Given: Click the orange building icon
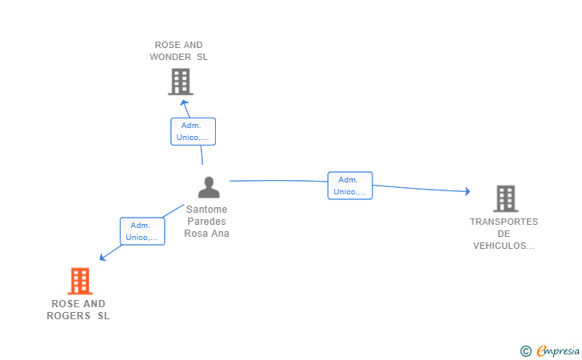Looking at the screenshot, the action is click(x=80, y=281).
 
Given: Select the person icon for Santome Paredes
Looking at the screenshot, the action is click(x=209, y=187).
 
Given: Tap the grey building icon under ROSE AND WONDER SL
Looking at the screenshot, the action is click(x=181, y=82).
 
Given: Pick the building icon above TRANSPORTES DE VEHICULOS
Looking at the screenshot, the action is click(x=506, y=198).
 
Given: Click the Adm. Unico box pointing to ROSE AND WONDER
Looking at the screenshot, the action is click(x=193, y=131).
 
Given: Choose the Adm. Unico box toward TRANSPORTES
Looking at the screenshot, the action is click(x=350, y=186).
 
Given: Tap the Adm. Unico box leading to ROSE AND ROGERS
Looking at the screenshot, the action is click(x=142, y=231).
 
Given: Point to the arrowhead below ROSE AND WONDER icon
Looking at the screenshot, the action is click(x=184, y=103).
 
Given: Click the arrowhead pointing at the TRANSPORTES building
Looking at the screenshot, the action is click(x=468, y=191).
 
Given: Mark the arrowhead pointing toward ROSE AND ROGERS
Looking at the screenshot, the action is click(x=103, y=257).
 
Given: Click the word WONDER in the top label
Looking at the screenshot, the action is click(x=170, y=57).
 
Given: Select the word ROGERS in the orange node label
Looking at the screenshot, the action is click(x=69, y=316).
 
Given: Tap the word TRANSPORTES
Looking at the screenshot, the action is click(x=504, y=222).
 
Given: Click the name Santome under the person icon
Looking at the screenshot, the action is click(x=207, y=209).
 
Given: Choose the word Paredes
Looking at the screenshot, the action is click(x=207, y=222).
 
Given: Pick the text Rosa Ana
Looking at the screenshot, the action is click(x=207, y=234).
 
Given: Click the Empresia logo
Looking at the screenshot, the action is click(x=558, y=350).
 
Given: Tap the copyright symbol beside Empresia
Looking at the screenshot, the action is click(x=526, y=351).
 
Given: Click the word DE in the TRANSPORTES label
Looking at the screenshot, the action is click(x=504, y=234).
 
